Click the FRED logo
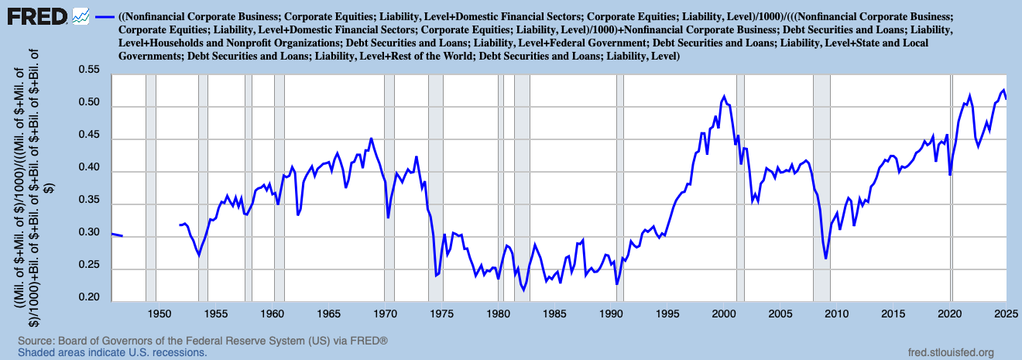tap(36, 16)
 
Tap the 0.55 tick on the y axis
tap(90, 70)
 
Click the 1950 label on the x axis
tap(159, 314)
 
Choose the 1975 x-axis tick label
tap(442, 314)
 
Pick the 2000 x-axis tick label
tap(724, 314)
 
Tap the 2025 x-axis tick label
tap(1006, 314)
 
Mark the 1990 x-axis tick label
tap(612, 314)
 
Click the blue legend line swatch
tap(105, 16)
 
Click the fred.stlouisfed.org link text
tap(950, 351)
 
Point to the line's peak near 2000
tap(724, 97)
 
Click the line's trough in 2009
tap(826, 258)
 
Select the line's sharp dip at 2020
tap(950, 175)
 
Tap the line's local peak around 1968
tap(371, 139)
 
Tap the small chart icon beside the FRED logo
tap(81, 15)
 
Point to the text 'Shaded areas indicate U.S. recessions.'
tap(112, 352)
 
